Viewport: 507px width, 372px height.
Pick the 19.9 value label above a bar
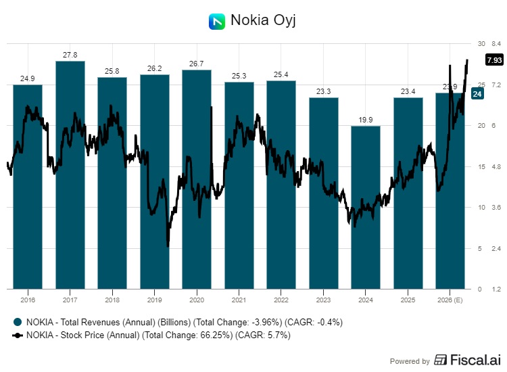[366, 120]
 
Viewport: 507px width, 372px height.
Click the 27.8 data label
[70, 55]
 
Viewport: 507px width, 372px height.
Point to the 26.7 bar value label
[196, 64]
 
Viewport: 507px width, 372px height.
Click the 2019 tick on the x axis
[154, 300]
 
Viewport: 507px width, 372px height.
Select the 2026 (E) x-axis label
[450, 300]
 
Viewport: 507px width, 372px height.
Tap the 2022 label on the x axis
[281, 300]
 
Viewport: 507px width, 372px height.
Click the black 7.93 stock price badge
[493, 60]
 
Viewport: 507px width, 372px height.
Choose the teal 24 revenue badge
[476, 94]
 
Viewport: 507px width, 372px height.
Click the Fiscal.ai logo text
[466, 361]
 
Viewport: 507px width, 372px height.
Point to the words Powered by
[410, 361]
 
